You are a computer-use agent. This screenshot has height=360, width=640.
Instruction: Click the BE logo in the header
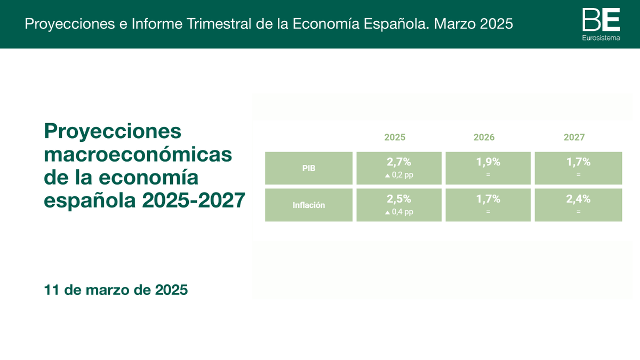601,20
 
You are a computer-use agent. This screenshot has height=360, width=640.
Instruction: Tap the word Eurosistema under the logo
601,38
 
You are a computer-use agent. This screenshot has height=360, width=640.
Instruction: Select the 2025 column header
395,138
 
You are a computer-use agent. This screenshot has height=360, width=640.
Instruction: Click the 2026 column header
484,138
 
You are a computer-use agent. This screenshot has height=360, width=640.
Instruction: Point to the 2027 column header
574,138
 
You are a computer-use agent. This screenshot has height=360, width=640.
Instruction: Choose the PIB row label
309,169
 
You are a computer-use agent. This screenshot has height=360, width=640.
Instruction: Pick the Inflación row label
309,205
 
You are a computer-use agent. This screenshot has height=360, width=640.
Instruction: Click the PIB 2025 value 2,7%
399,162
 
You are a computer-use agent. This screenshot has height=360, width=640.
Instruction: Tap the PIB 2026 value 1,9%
488,162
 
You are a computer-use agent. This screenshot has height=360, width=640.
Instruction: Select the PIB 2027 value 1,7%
578,162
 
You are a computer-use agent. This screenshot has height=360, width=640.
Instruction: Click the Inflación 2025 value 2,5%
399,199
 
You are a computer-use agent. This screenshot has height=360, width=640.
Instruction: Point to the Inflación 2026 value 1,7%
488,199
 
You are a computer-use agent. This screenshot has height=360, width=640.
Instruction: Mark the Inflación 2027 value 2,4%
578,199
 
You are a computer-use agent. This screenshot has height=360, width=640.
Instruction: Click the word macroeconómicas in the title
138,155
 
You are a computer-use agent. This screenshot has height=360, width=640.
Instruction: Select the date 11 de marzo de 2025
116,290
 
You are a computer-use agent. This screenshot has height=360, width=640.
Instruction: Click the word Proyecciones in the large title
113,131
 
